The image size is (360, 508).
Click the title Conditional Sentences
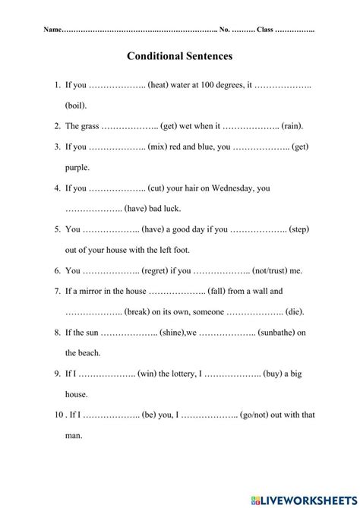coord(180,56)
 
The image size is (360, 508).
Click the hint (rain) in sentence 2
coord(293,126)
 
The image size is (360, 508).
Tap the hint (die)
coord(298,311)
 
